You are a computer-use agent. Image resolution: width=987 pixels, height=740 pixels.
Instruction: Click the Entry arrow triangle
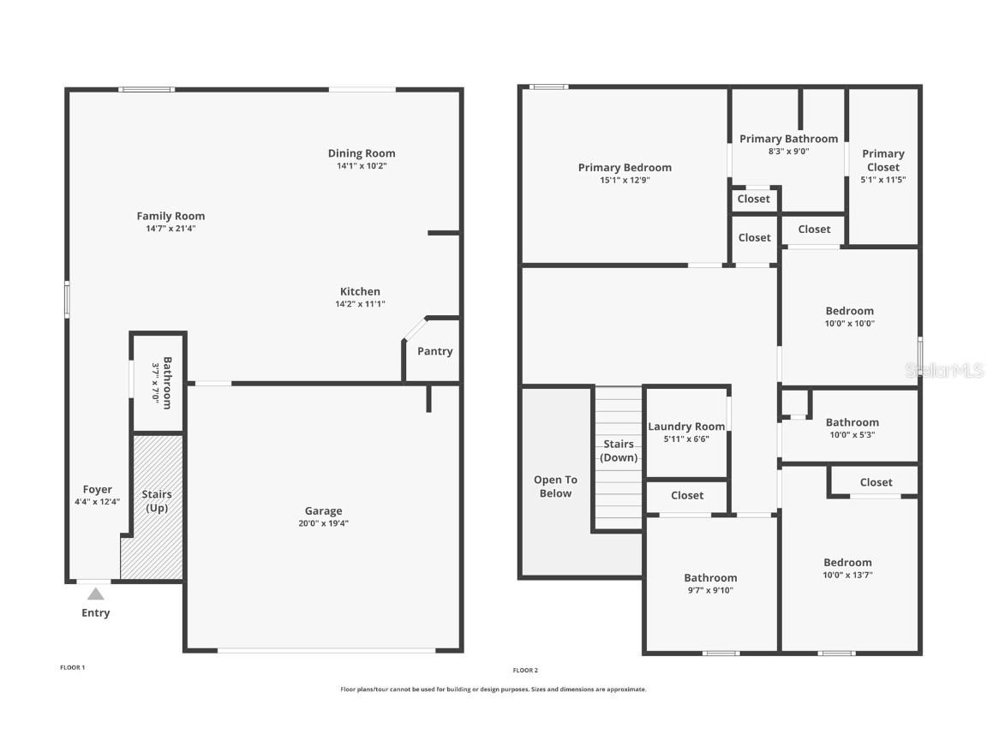point(96,594)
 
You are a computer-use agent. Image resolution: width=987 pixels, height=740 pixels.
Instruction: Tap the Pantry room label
point(434,351)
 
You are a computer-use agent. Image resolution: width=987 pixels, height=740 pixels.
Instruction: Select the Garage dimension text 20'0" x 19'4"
point(324,523)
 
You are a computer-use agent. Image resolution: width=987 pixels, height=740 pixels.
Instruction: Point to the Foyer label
point(98,490)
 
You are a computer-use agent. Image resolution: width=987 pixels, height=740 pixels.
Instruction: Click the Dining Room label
point(362,153)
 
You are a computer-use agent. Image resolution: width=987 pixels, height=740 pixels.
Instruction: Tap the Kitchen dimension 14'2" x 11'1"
point(360,304)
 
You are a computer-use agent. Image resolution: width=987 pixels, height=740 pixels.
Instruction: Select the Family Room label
point(171,216)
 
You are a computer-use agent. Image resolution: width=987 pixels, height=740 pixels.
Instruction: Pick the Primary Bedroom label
point(625,168)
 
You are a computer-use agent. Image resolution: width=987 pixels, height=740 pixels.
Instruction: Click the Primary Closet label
point(883,160)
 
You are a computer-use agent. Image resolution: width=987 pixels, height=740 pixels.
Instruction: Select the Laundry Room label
point(686,427)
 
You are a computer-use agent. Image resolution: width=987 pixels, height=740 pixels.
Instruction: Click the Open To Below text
point(555,486)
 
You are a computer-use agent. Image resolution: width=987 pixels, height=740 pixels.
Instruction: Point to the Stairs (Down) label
point(619,451)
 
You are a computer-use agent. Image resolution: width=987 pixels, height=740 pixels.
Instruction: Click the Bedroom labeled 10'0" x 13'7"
point(847,563)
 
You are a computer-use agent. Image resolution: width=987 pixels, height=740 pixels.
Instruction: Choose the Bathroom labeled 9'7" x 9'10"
point(710,578)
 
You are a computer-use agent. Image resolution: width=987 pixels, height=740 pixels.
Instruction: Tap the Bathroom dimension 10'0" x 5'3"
point(852,434)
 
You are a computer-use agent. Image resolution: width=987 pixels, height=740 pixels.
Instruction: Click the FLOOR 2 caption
point(525,671)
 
